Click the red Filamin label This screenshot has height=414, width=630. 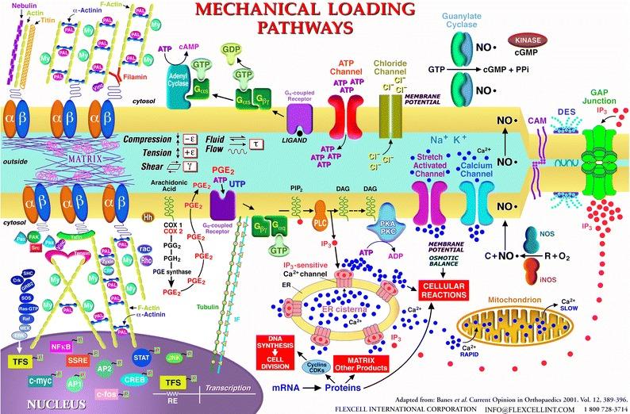[175, 69]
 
